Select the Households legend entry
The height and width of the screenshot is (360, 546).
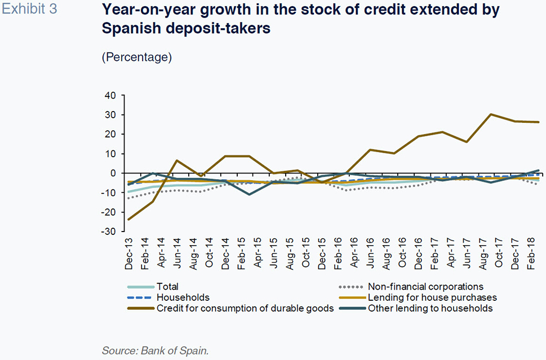183,297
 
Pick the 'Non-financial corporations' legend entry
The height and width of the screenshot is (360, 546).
425,287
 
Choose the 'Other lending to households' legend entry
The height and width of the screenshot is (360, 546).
430,308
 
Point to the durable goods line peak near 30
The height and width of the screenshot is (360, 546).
491,114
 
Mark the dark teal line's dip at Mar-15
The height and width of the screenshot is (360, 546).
249,194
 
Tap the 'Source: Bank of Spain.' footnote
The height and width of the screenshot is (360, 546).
156,350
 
